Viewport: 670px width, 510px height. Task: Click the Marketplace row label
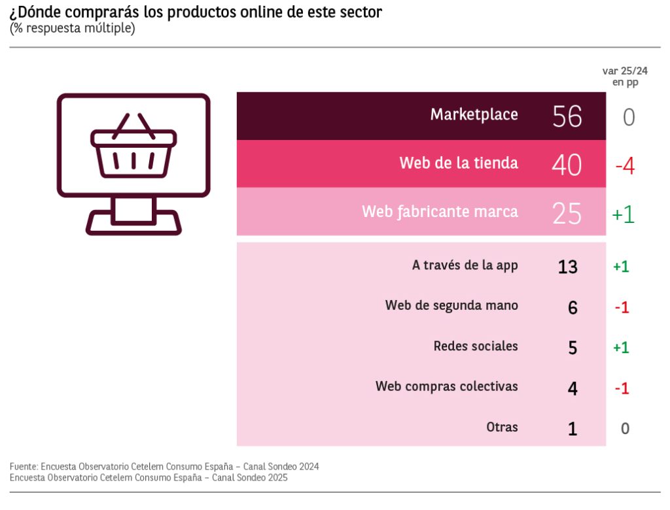coord(474,115)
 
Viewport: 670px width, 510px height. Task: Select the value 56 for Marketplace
coord(567,116)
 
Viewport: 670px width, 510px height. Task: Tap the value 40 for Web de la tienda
coord(566,165)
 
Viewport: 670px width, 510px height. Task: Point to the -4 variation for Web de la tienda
coord(624,166)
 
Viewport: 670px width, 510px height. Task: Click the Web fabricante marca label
coord(440,212)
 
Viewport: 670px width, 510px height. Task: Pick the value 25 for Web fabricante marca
coord(567,213)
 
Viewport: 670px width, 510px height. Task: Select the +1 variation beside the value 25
coord(623,214)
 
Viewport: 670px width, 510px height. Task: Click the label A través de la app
coord(465,265)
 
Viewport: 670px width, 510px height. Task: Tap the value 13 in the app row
coord(567,267)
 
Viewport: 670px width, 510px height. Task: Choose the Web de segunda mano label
coord(451,305)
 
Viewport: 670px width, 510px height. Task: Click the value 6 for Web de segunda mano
coord(573,307)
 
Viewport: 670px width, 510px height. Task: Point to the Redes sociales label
coord(476,346)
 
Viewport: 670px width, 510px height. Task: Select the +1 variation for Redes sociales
coord(621,348)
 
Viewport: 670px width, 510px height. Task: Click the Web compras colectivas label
coord(446,386)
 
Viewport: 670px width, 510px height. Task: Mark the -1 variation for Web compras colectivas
coord(622,388)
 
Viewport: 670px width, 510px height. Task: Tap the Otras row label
coord(502,427)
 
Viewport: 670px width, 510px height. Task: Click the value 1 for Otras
coord(573,429)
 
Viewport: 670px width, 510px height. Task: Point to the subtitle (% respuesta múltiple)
coord(73,29)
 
